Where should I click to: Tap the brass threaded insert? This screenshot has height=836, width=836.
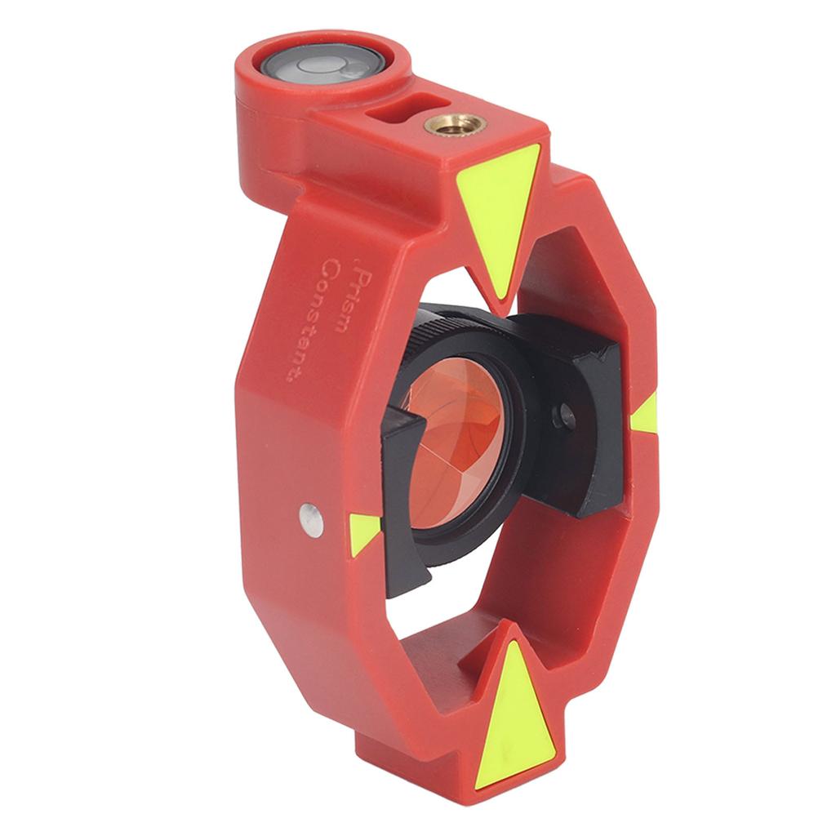pyautogui.click(x=455, y=125)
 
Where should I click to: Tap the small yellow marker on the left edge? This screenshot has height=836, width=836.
pyautogui.click(x=364, y=534)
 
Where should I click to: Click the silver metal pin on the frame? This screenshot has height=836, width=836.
pyautogui.click(x=311, y=520)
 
